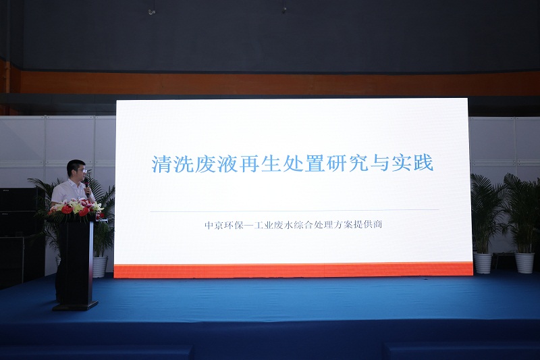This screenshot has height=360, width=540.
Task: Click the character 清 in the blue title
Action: [161, 164]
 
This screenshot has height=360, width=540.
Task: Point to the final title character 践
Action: [425, 164]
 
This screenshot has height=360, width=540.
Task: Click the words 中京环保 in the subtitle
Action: [224, 225]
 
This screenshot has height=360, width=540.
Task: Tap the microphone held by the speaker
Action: [86, 186]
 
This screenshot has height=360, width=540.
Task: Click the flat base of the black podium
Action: [75, 306]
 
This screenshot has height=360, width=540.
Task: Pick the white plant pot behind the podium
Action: [100, 267]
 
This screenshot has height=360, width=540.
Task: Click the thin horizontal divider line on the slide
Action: [294, 211]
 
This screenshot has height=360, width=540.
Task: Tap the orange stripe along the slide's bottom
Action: [294, 270]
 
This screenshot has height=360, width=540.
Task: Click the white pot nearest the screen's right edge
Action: [483, 263]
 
